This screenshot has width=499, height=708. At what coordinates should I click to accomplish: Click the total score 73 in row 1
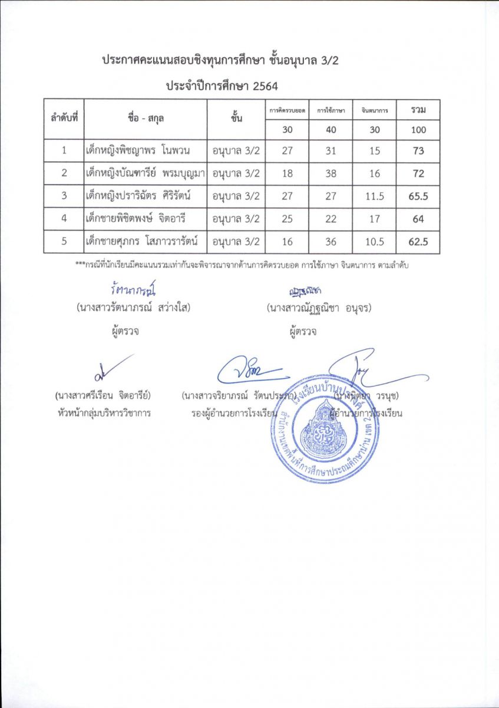tap(418, 151)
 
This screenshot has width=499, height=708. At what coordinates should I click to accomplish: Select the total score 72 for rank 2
tap(418, 174)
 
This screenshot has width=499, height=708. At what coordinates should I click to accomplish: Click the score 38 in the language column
tap(331, 174)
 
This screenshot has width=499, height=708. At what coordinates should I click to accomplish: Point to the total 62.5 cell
tap(418, 242)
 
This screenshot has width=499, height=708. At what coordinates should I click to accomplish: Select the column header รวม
tap(418, 110)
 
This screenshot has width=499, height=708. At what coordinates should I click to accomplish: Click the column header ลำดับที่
tap(64, 118)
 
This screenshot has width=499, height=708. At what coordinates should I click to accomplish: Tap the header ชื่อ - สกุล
tap(146, 118)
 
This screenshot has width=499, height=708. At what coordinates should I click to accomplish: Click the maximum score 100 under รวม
tap(418, 130)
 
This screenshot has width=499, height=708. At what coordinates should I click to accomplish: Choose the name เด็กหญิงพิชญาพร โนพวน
tap(145, 151)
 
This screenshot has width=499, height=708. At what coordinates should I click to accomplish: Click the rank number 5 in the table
tap(64, 242)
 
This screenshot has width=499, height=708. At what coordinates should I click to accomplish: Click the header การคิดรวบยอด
tap(287, 110)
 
